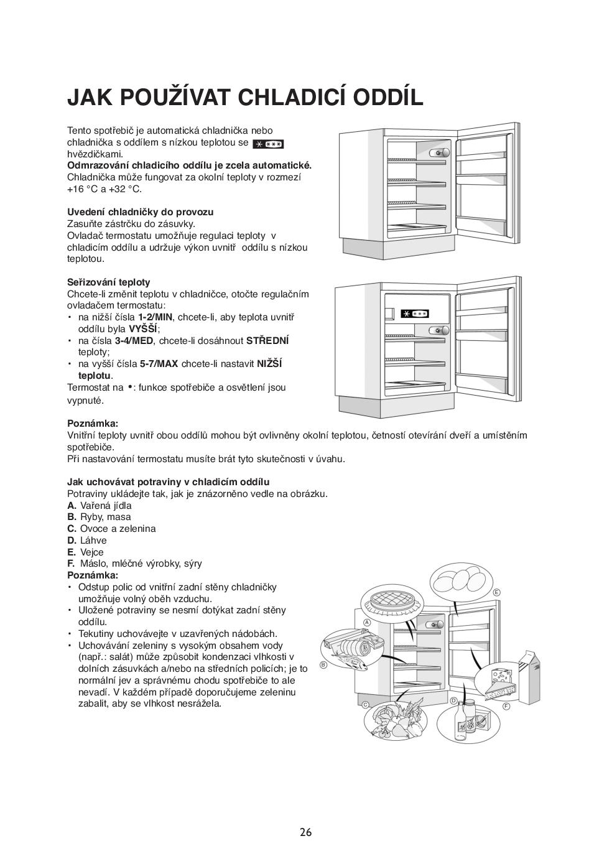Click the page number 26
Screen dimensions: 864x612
[x=305, y=832]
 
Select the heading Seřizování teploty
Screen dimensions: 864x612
[x=109, y=282]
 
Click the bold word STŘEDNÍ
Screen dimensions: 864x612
[x=267, y=340]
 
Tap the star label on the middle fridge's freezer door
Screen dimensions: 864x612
[x=414, y=314]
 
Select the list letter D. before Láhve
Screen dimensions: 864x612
[x=72, y=541]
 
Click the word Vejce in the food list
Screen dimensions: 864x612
[x=92, y=552]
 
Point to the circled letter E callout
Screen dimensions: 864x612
[x=496, y=592]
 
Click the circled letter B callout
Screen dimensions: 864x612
[x=323, y=664]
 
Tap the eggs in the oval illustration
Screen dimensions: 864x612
[x=458, y=580]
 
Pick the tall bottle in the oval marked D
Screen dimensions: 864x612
[x=470, y=715]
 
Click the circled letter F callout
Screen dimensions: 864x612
[x=506, y=706]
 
